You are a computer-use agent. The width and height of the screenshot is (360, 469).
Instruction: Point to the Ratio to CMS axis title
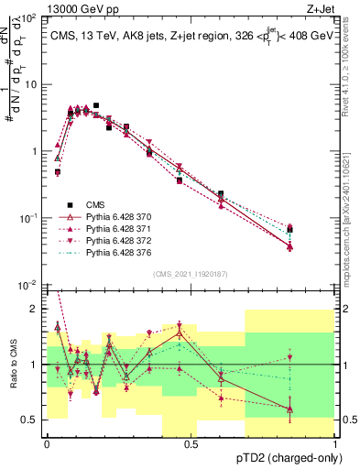point(13,365)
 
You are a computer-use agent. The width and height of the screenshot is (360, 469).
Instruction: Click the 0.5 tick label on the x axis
point(191,445)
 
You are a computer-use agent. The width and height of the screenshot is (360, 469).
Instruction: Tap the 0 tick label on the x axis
point(47,445)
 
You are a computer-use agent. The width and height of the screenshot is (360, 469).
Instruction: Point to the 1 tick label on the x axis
point(335,445)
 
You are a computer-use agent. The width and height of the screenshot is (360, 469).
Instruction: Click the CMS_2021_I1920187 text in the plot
point(191,274)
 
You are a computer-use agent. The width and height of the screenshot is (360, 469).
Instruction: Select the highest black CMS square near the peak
point(96,106)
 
